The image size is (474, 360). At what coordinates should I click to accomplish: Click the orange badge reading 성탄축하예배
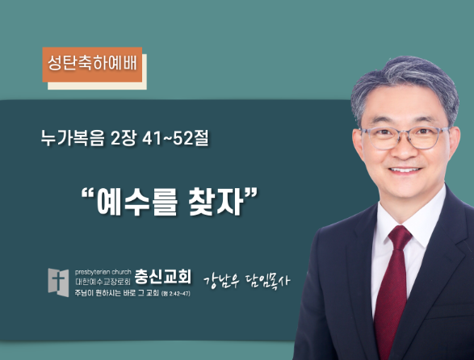click(x=92, y=65)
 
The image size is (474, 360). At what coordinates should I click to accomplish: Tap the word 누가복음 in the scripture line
click(x=73, y=138)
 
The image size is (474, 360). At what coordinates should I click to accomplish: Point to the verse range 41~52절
click(x=175, y=138)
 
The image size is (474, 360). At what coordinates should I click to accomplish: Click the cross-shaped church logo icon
click(x=58, y=283)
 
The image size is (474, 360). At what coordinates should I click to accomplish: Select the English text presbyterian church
click(x=103, y=272)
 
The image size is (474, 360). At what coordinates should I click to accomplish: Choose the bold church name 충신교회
click(x=163, y=276)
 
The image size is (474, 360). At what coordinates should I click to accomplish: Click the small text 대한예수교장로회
click(x=103, y=282)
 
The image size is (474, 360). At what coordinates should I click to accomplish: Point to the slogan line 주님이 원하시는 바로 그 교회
click(x=117, y=293)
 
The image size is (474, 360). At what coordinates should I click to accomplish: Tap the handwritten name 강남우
click(x=221, y=281)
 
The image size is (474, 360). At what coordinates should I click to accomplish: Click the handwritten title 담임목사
click(x=267, y=281)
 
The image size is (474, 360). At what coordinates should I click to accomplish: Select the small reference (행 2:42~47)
click(x=176, y=294)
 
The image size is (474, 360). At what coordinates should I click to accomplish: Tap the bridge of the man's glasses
click(x=405, y=134)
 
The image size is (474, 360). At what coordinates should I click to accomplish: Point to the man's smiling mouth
click(x=405, y=170)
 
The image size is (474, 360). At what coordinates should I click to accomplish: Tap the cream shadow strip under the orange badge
click(x=97, y=86)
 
